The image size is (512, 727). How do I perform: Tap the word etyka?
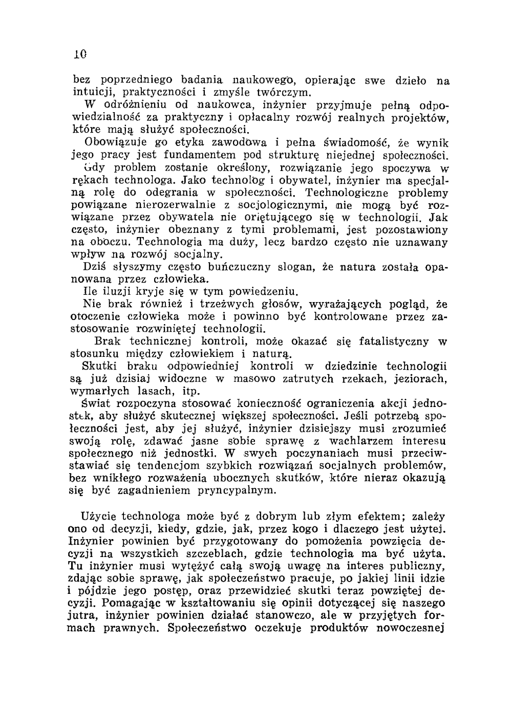coord(143,143)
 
